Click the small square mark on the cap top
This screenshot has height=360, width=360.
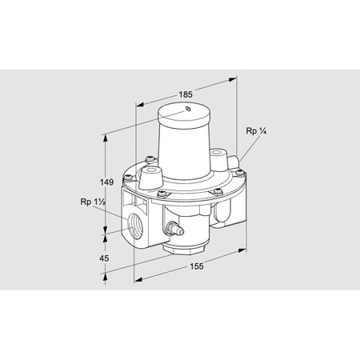[186, 110]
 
